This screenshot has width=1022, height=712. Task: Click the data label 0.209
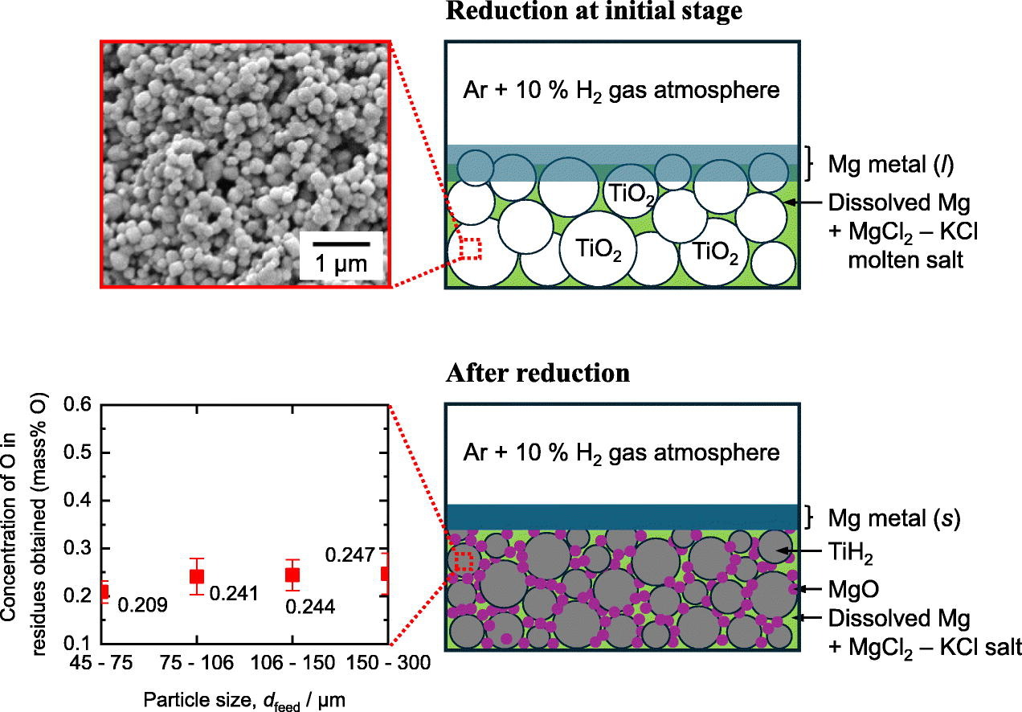coord(142,604)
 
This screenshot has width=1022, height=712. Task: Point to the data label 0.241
coord(234,594)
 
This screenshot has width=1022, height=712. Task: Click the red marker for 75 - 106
coord(197,575)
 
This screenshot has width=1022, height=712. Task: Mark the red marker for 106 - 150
coord(292,575)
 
